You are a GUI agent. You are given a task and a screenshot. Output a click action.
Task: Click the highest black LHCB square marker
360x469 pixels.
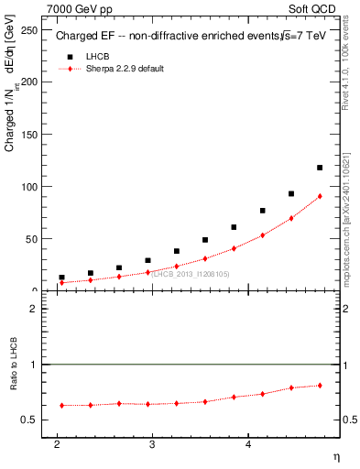pos(320,168)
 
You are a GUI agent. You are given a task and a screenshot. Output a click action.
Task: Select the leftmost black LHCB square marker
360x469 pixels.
pos(61,278)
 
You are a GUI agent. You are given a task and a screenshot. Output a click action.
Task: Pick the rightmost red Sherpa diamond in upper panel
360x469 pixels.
pos(320,196)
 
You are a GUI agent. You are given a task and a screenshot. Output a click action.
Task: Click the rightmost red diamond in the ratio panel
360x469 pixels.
pos(320,385)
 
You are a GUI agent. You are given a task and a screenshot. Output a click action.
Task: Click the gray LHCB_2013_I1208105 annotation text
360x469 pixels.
pos(191,274)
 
